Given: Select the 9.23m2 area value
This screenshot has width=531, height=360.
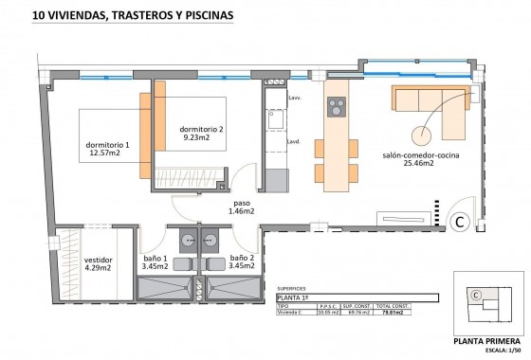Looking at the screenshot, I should (x=200, y=137).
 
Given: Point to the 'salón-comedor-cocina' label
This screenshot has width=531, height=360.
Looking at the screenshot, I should (x=421, y=154).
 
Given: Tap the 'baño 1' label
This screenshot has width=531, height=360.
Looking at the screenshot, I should (x=154, y=260).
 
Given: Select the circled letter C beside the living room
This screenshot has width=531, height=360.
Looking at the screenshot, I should (x=460, y=222).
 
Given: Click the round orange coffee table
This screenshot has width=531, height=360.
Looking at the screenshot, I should (x=420, y=135).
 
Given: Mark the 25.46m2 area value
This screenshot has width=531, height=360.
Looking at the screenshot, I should (x=418, y=164).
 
